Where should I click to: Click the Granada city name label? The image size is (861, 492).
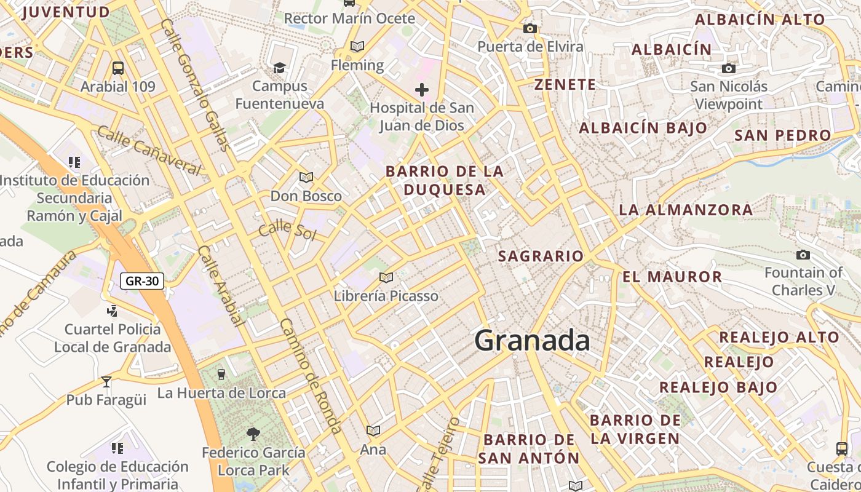click(x=532, y=340)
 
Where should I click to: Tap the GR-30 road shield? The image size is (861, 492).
click(x=141, y=282)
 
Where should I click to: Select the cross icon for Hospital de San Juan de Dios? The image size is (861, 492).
click(x=422, y=90)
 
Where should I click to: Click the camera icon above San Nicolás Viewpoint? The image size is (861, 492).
click(x=729, y=68)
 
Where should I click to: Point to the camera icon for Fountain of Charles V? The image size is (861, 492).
click(x=803, y=255)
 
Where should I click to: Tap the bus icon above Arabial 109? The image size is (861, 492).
click(x=118, y=68)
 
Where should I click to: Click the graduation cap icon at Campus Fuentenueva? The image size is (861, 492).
click(x=279, y=68)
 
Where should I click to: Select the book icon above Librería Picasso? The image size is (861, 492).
click(x=386, y=277)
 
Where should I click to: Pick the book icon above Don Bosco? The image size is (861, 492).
click(x=306, y=178)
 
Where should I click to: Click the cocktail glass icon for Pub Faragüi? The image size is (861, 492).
click(x=106, y=382)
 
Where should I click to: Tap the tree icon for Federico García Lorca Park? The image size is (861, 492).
click(x=253, y=434)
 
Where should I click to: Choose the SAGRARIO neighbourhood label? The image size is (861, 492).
click(x=541, y=256)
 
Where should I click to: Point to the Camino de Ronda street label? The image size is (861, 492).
click(x=311, y=376)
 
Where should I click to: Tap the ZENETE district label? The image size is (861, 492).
click(x=565, y=85)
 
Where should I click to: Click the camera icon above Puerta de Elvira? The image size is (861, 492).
click(x=530, y=28)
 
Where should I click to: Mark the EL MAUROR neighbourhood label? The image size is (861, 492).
click(x=672, y=277)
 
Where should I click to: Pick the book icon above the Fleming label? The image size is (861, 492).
click(x=357, y=46)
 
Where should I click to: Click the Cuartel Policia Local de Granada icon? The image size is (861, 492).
click(x=112, y=311)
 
